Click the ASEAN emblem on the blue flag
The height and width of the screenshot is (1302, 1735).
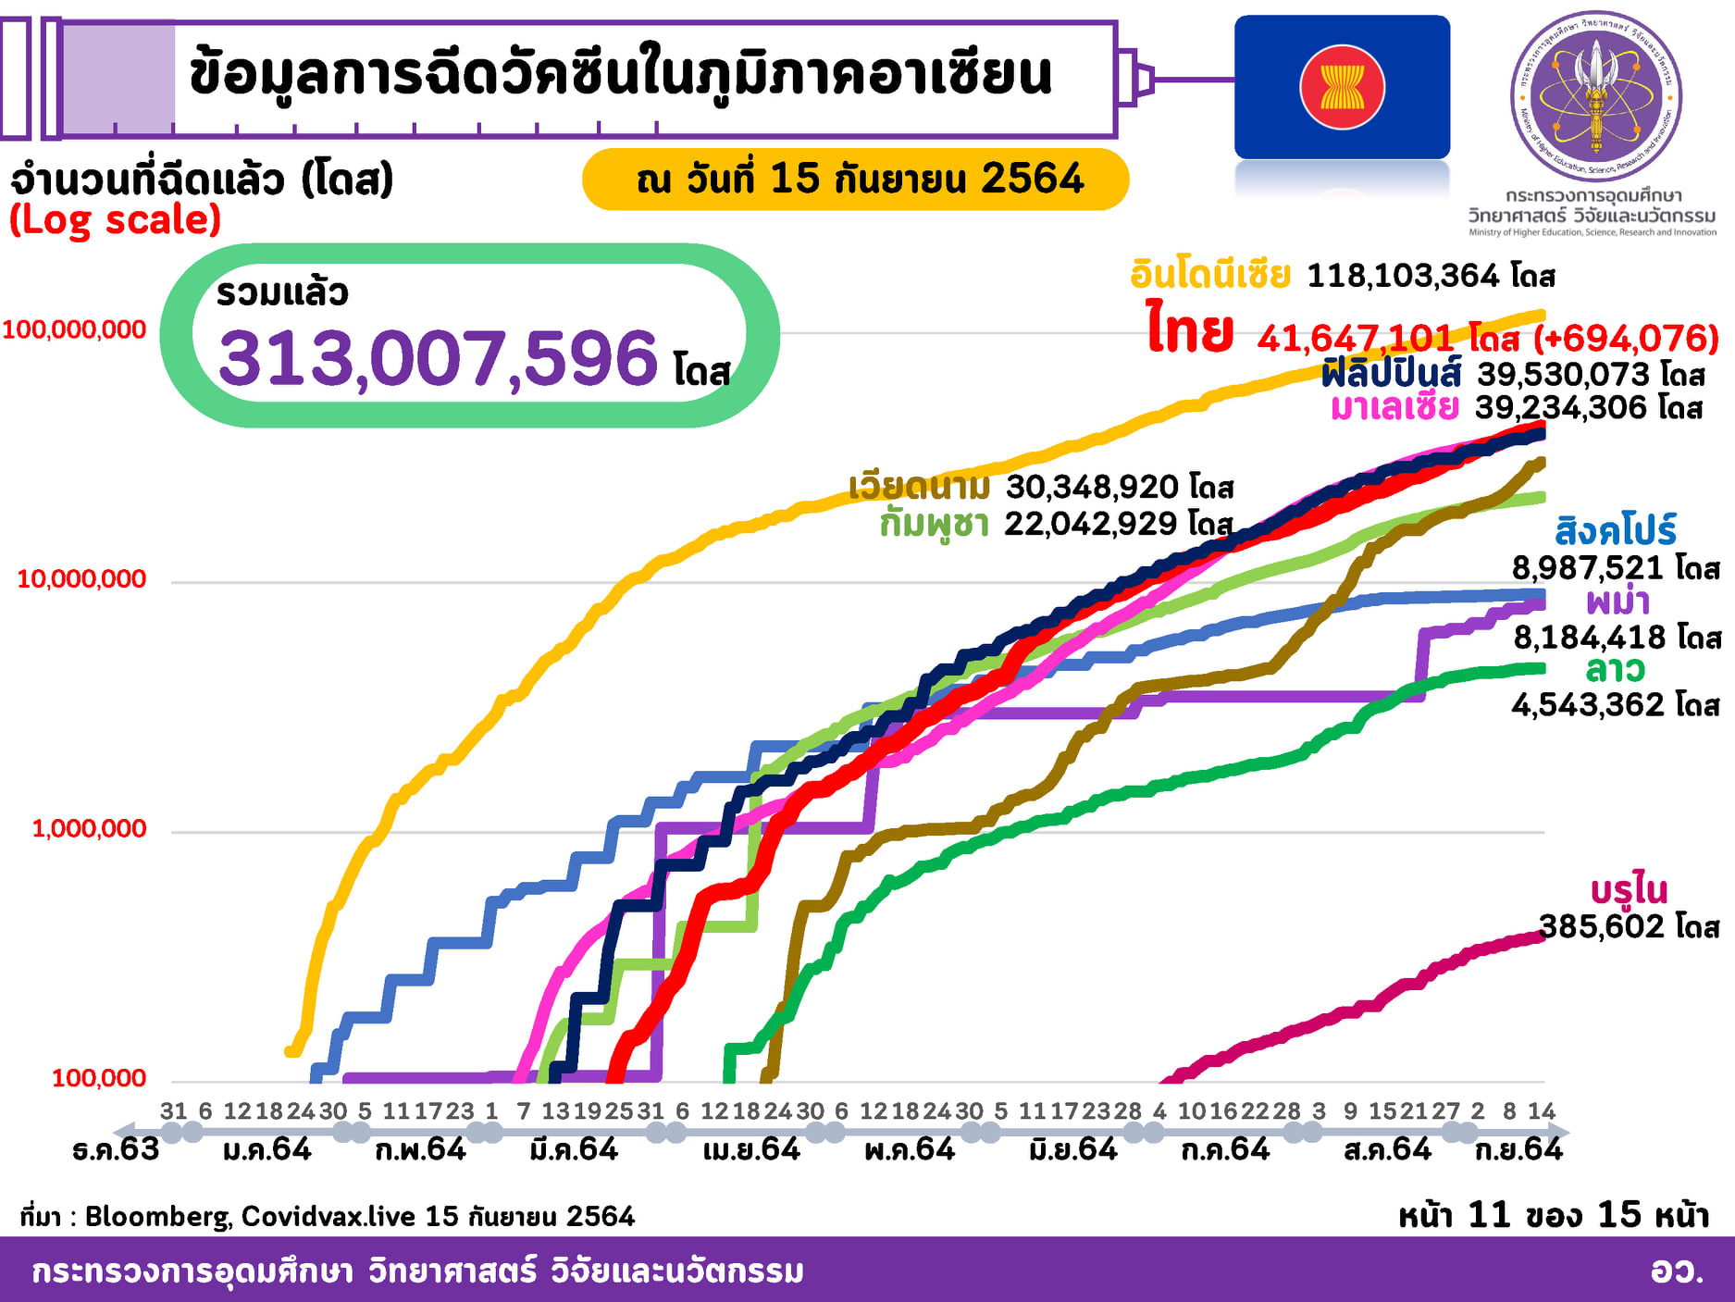[1342, 87]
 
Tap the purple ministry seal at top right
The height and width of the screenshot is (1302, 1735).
[1595, 95]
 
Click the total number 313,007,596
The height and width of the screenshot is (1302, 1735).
[438, 359]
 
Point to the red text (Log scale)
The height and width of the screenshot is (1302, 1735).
[115, 220]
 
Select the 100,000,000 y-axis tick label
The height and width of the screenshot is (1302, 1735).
[74, 329]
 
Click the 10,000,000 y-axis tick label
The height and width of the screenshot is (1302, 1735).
[81, 579]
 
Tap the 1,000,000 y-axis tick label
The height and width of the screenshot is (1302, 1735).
[89, 828]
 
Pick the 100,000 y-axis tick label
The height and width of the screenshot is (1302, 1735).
[99, 1078]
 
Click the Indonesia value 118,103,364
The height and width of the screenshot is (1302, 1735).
[1402, 275]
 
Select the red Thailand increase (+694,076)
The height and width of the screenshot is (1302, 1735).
[1626, 339]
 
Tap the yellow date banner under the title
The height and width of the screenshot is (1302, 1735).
[855, 179]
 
